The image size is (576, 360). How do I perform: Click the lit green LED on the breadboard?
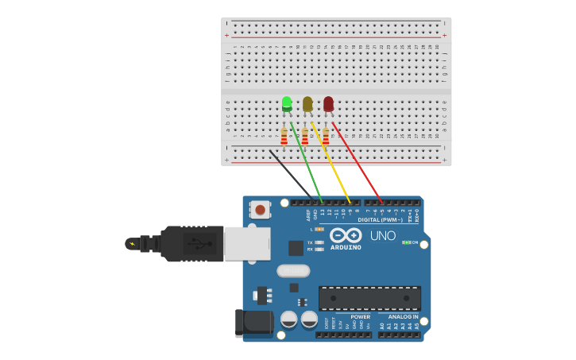[287, 103]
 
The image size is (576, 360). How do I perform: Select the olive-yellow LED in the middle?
[307, 103]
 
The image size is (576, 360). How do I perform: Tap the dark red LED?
[328, 103]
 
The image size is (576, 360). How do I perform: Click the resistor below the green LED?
[284, 137]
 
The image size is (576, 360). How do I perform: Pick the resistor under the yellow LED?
[304, 137]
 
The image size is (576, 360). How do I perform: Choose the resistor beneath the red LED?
[325, 137]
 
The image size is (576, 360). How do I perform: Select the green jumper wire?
[307, 163]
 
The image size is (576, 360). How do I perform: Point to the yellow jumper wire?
[331, 163]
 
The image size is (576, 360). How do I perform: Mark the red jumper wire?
[358, 163]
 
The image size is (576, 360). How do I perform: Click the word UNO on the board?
[383, 236]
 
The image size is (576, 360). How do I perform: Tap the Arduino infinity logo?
[346, 235]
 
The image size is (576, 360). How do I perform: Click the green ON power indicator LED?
[406, 242]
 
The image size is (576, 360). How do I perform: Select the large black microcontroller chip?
[369, 298]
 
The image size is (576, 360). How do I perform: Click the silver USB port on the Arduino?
[246, 244]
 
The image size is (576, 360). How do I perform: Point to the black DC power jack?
[253, 323]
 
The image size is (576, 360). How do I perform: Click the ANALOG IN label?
[404, 316]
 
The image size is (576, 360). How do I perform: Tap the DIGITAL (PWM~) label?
[380, 219]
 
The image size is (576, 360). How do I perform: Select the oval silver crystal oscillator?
[292, 270]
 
